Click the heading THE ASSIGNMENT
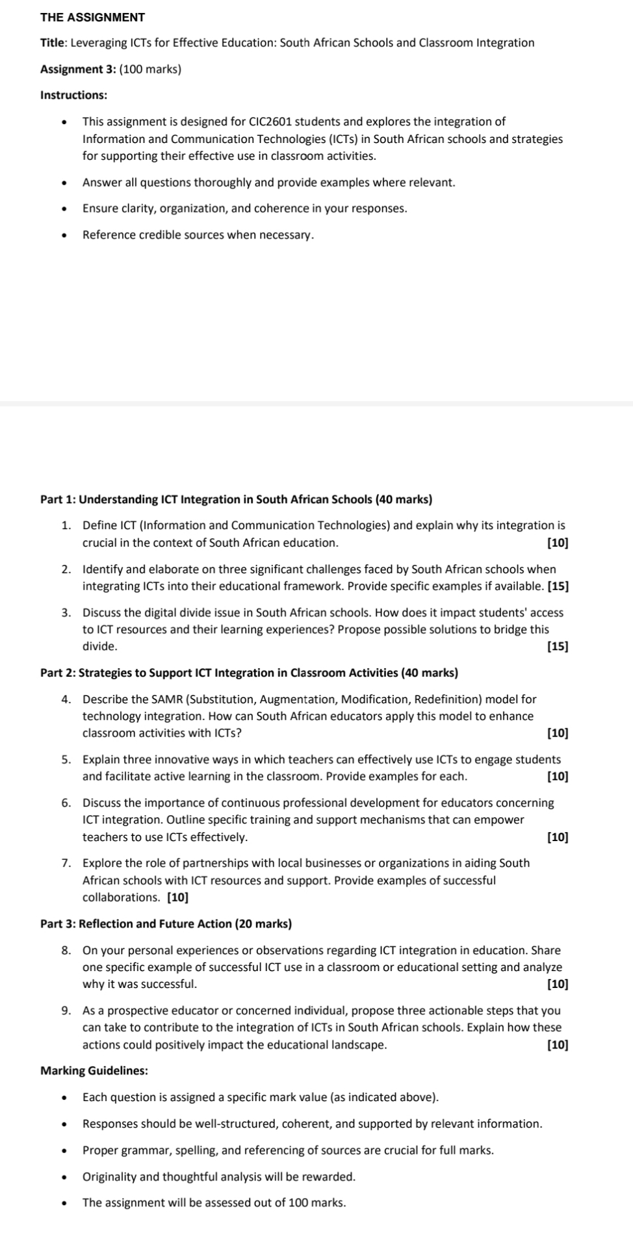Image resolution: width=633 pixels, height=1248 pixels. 92,17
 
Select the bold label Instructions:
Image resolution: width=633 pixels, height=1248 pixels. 73,95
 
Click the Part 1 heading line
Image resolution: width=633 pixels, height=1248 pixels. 236,499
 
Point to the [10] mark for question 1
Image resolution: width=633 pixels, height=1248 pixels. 558,543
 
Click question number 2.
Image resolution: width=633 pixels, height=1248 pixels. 66,569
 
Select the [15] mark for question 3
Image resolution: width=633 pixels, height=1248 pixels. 558,646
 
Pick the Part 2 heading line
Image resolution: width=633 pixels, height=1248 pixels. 249,673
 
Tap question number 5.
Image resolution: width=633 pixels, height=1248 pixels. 66,759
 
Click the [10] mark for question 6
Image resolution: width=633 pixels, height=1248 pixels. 558,837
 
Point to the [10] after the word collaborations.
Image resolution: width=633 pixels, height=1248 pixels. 178,898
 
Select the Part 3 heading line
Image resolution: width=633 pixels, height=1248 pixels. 166,924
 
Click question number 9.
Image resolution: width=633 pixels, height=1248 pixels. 66,1011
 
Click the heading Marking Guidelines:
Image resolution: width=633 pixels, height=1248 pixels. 94,1071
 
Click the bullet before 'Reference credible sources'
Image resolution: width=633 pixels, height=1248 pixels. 64,236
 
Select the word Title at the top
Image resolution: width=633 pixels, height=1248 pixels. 52,43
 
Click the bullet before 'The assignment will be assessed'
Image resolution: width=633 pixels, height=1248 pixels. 64,1203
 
